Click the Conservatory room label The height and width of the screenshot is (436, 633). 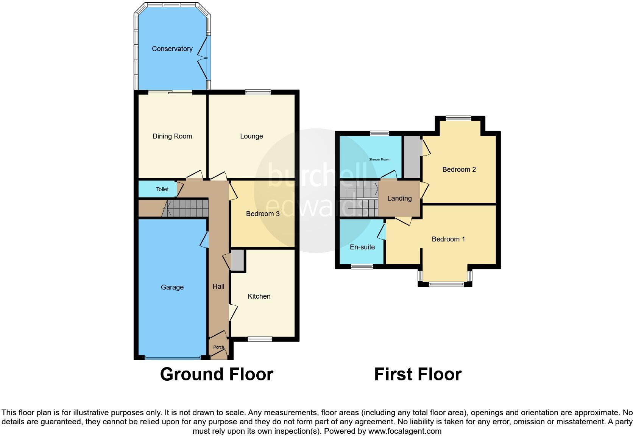point(172,49)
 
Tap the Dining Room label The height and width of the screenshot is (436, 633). point(172,136)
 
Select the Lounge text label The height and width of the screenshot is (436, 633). point(251,136)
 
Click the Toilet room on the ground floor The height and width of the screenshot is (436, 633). point(162,189)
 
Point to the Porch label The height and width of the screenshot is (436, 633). point(218,347)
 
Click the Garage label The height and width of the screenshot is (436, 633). point(172,287)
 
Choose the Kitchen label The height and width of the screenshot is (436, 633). point(259,296)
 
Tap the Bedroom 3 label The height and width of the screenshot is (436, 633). point(262,214)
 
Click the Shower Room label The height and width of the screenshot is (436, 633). point(379,159)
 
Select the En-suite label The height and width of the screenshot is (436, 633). point(362,247)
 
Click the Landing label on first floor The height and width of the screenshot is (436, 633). point(399,198)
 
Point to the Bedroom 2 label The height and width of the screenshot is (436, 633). point(459,170)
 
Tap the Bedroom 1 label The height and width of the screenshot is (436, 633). point(448,239)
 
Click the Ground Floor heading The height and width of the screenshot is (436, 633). point(216,374)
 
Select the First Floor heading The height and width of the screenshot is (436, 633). point(418,374)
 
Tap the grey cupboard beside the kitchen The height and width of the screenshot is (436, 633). point(237,260)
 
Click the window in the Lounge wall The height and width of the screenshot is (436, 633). point(258,92)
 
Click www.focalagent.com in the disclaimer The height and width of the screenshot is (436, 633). point(405,431)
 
